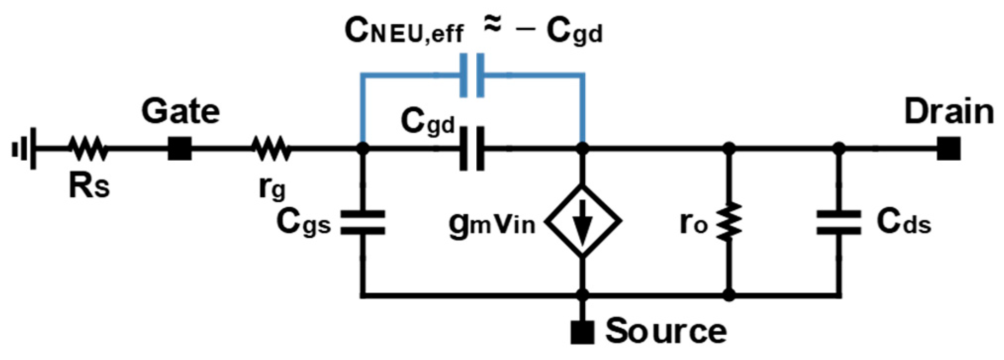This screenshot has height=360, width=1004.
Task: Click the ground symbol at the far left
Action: coord(25,148)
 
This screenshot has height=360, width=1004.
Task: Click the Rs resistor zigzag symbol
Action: coord(88,148)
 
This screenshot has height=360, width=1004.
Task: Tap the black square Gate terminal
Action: coord(180,148)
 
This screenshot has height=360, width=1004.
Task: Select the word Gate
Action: coord(181,112)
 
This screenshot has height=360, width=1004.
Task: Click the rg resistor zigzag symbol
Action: coord(271,148)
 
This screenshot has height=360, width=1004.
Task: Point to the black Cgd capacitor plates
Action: coord(472,148)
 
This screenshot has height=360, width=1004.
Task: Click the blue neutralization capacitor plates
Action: coord(472,76)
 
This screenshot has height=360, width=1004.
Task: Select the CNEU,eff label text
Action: coord(403,32)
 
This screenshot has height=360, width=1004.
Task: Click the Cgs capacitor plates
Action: coord(363,222)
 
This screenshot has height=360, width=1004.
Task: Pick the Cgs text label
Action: coord(303,223)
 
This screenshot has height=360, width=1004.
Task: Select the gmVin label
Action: coord(492,224)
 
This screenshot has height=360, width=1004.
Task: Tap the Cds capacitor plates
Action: coord(839,222)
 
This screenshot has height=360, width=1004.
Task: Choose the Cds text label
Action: coord(904,223)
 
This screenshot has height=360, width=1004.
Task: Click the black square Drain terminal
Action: coord(949,148)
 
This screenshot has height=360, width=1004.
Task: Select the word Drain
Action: coord(949,112)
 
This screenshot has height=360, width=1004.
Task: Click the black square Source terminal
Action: coord(583,332)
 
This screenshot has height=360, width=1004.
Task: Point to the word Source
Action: coord(666,331)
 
